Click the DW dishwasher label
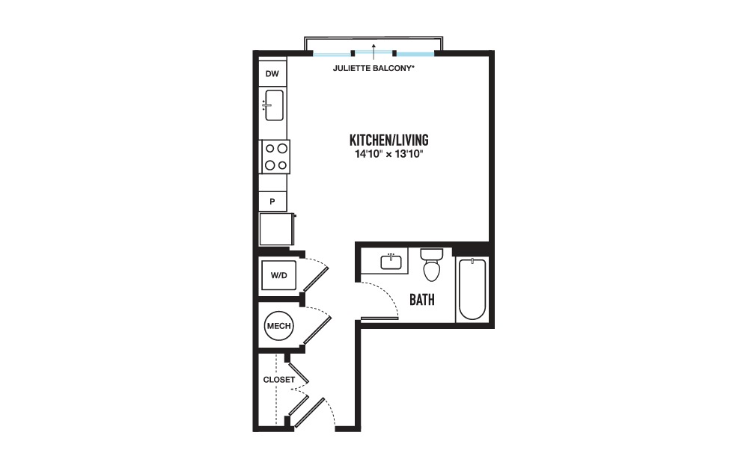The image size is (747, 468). click(272, 74)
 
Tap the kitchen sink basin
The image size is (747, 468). click(274, 105)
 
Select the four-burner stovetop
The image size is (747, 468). click(275, 157)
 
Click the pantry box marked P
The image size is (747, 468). click(272, 201)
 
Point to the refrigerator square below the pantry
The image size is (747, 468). click(276, 229)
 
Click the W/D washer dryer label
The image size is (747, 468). click(278, 275)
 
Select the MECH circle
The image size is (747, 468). click(278, 326)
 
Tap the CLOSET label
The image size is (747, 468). click(279, 380)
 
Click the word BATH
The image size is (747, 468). click(422, 300)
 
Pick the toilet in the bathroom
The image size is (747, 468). click(432, 264)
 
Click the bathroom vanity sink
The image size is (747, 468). click(391, 262)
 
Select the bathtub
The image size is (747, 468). click(472, 289)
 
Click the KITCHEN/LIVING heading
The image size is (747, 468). click(388, 140)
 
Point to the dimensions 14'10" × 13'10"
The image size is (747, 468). click(388, 154)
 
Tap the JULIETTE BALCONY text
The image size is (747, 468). click(373, 68)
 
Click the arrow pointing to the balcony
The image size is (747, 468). click(374, 52)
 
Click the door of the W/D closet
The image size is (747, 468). click(316, 279)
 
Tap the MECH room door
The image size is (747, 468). click(317, 329)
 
